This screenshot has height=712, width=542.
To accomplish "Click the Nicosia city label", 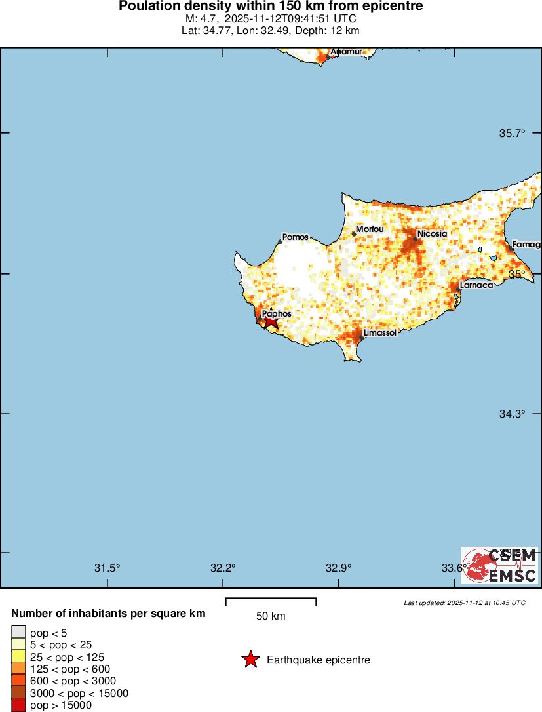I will [432, 233].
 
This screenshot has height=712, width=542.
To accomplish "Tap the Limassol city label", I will [379, 333].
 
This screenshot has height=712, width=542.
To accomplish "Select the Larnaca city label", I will [476, 285].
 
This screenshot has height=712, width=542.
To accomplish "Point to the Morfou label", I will [369, 229].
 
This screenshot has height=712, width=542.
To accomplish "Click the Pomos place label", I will [295, 237].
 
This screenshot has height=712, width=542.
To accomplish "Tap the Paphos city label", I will [277, 314].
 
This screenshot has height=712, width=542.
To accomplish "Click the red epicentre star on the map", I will [270, 321].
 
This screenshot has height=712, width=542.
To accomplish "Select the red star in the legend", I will [250, 660].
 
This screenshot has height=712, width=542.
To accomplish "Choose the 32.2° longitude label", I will [223, 568].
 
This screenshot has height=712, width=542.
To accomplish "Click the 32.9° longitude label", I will [339, 568].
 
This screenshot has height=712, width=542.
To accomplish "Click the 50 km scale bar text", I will [270, 616].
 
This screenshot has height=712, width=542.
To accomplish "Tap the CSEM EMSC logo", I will [499, 566].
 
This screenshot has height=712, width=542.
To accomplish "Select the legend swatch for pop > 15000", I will [18, 705].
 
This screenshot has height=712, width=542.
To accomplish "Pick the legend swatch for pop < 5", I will [18, 632].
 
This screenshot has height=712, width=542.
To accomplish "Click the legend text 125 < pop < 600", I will [69, 669].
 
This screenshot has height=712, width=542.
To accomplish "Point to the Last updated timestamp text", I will [464, 603].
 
